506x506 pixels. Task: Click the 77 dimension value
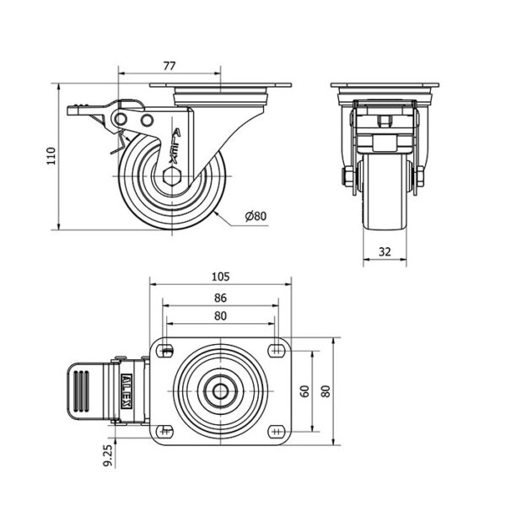(170, 66)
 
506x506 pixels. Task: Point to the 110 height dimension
(51, 156)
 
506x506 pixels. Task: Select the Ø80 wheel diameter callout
(256, 216)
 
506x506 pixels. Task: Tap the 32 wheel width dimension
(385, 251)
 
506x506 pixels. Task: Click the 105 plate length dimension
(221, 277)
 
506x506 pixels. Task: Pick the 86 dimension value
(220, 298)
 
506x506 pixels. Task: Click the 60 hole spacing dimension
(304, 391)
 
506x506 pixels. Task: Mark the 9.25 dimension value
(109, 455)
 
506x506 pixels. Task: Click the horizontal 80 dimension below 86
(220, 316)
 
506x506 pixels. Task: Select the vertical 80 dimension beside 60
(326, 391)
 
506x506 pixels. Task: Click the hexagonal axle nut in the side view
(172, 176)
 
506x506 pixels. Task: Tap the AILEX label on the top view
(126, 391)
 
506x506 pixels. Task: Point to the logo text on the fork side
(176, 146)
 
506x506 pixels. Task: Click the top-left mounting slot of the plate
(166, 351)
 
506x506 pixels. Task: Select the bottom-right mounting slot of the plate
(276, 431)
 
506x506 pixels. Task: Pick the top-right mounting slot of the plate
(276, 351)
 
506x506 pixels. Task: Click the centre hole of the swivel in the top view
(221, 391)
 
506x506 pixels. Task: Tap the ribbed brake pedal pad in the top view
(81, 391)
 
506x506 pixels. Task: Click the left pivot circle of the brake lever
(121, 119)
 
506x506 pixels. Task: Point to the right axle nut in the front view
(420, 177)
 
